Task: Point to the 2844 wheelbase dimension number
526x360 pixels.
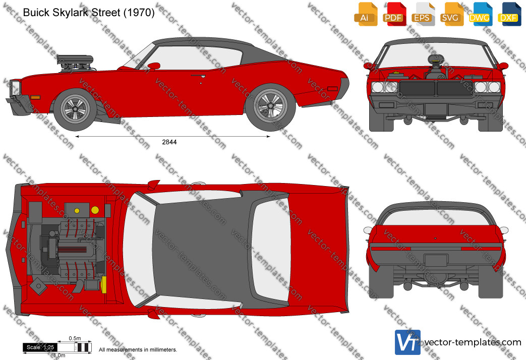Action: point(169,142)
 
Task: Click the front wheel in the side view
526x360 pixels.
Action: point(76,109)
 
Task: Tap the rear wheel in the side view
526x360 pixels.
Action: point(271,106)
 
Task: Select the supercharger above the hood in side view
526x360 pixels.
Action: point(75,64)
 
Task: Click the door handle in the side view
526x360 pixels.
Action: point(198,76)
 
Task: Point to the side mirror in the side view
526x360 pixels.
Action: point(154,66)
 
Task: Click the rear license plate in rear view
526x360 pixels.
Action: point(436,260)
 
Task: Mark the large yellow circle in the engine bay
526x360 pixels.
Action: point(95,210)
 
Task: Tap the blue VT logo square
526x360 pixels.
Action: point(407,342)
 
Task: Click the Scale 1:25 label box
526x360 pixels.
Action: point(40,347)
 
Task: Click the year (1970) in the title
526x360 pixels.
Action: point(139,13)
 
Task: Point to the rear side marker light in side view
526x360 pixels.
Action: point(332,89)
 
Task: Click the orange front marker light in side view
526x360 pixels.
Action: point(35,98)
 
